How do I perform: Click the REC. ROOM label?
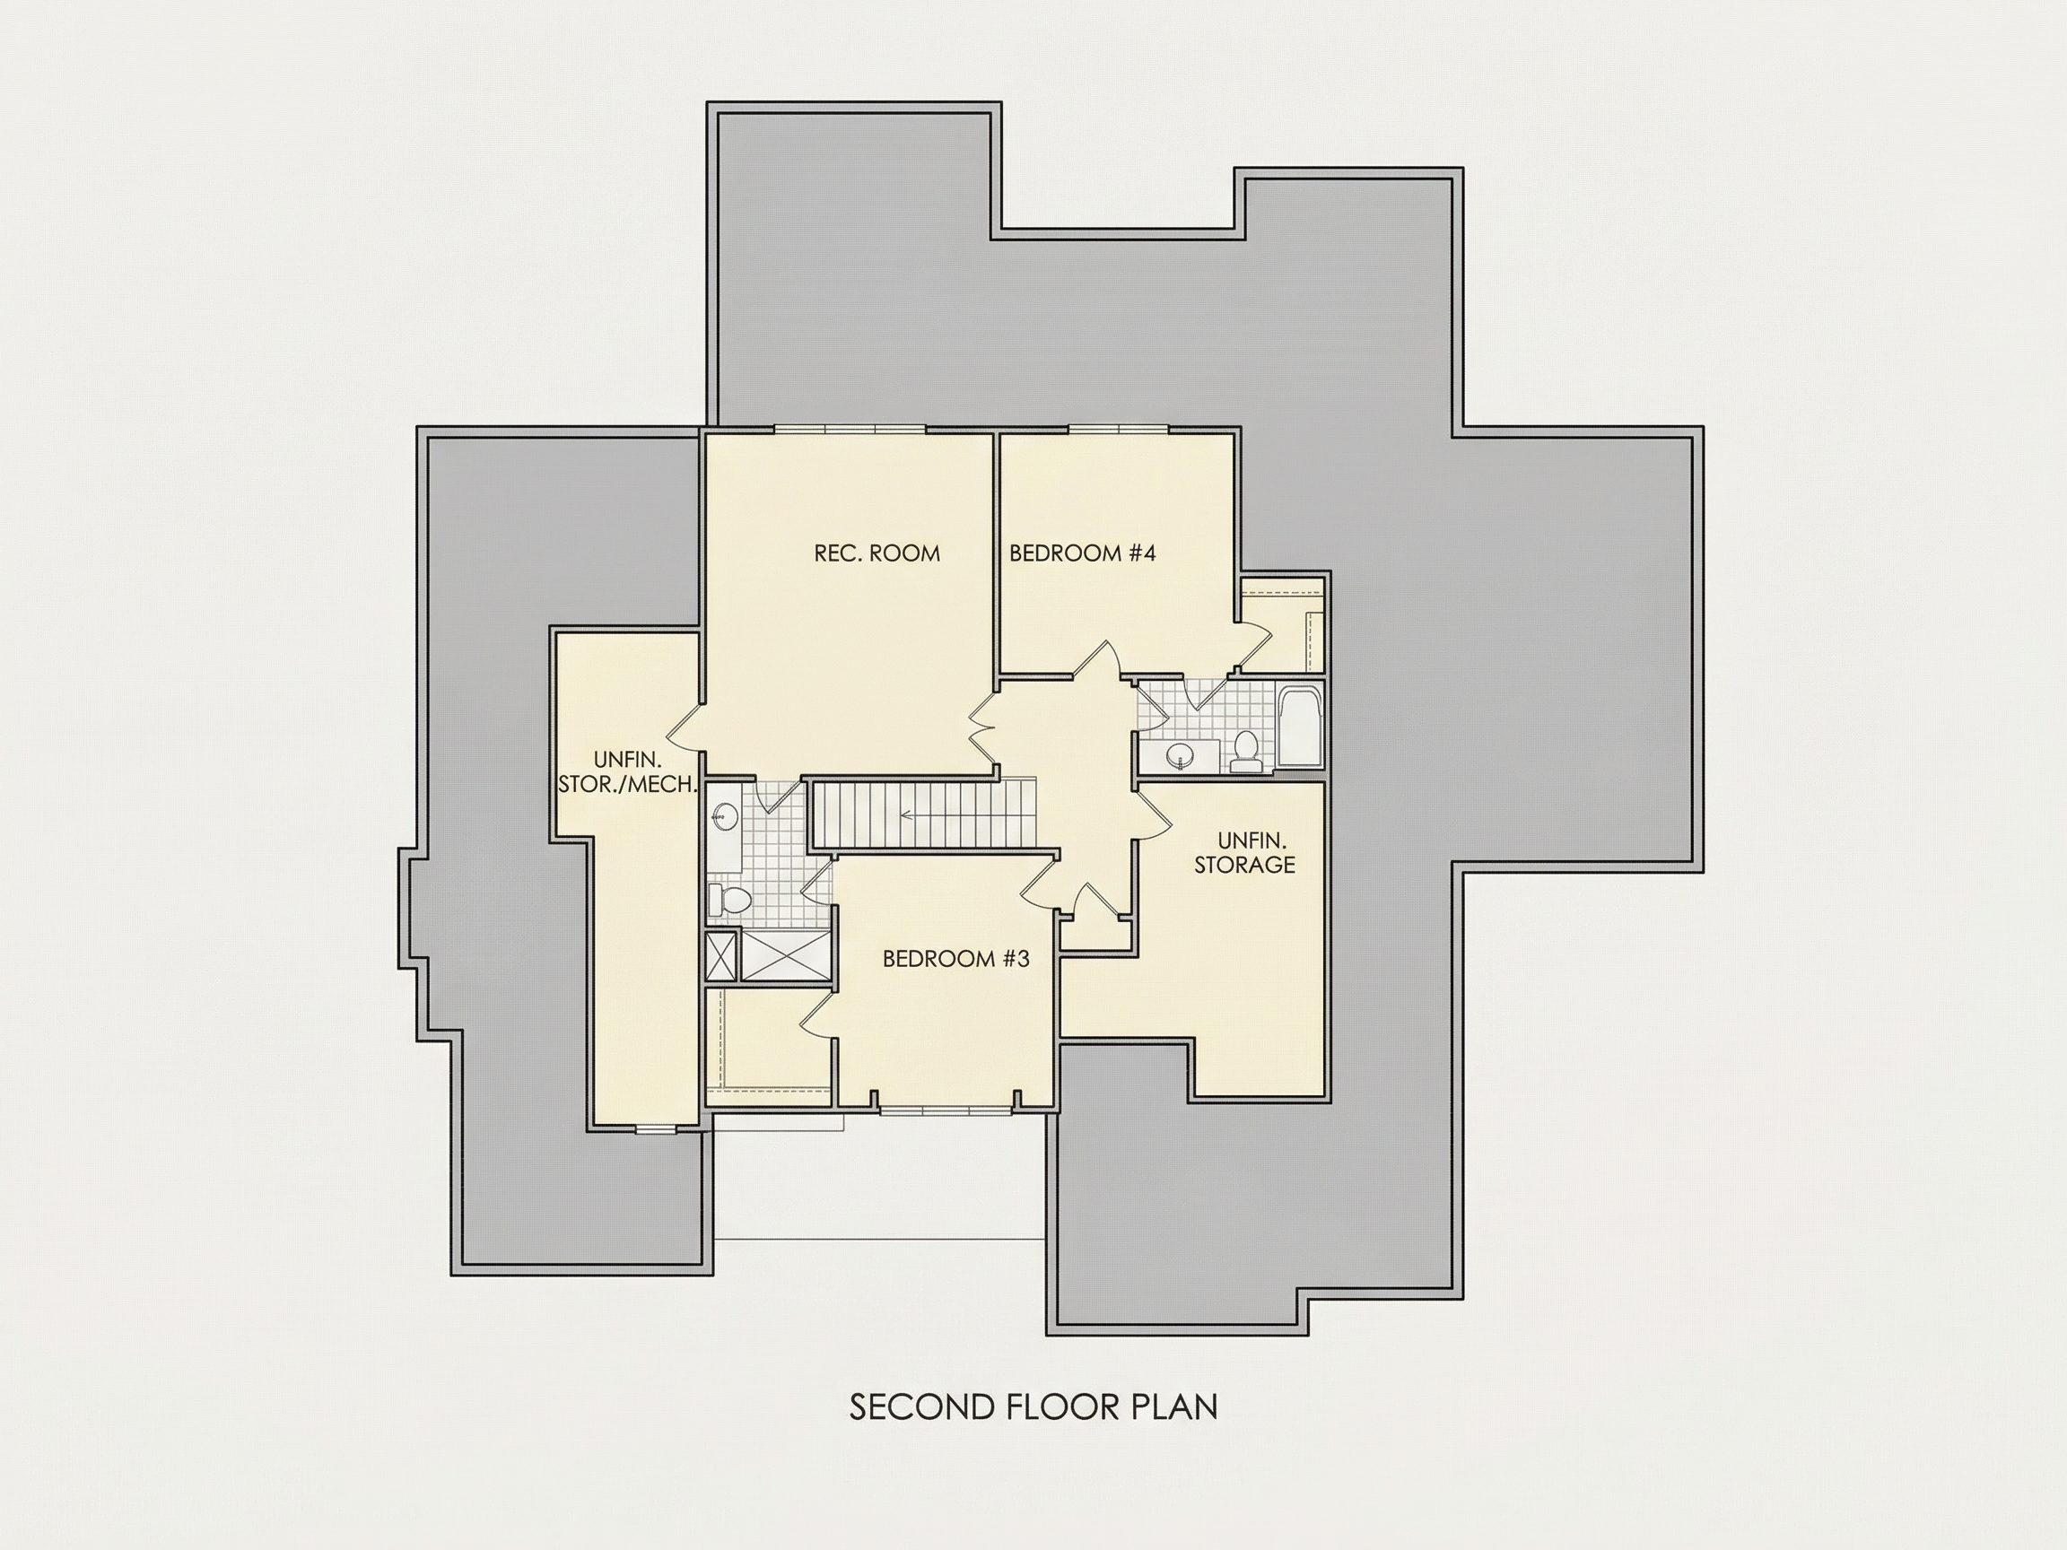(x=877, y=553)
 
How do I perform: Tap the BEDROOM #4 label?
(x=1082, y=553)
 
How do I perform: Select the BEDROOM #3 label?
(x=956, y=959)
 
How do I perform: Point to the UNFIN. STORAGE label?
(x=1244, y=852)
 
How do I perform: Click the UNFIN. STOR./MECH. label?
(x=628, y=772)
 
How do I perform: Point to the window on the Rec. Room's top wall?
(x=850, y=430)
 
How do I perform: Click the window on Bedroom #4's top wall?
(x=1119, y=430)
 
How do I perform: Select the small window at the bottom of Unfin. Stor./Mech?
(x=655, y=1129)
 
